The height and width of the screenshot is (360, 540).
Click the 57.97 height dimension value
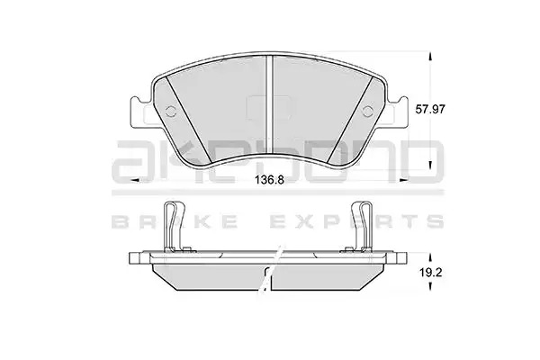(430, 110)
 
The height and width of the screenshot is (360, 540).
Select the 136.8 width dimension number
(269, 179)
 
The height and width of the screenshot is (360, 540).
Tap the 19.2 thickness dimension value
(430, 273)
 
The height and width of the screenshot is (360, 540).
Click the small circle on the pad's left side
(171, 112)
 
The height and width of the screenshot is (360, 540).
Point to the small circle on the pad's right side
(368, 111)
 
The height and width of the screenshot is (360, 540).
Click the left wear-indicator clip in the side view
(174, 227)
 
